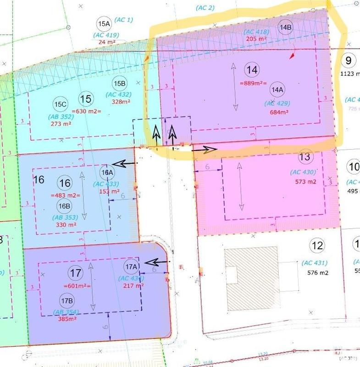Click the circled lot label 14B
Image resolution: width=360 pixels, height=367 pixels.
click(285, 27)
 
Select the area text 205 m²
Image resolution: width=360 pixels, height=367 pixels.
click(256, 39)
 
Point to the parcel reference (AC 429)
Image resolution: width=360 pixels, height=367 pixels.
click(277, 103)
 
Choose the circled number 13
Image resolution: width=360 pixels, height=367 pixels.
click(305, 157)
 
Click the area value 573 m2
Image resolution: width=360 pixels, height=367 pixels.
click(305, 181)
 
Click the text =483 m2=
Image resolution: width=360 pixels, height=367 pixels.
click(66, 195)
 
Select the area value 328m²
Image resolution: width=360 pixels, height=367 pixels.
click(119, 102)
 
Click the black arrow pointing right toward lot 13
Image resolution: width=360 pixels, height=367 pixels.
click(204, 149)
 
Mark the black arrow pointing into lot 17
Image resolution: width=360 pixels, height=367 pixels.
click(157, 262)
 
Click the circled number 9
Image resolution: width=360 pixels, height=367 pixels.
click(349, 60)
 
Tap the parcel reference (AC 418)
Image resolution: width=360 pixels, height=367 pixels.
click(256, 32)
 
